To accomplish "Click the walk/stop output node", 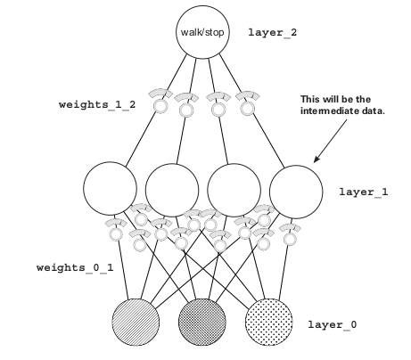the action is (x=202, y=32).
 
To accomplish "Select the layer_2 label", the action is (x=273, y=33).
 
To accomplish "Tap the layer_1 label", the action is (x=364, y=192).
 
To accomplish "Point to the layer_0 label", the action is (x=333, y=324).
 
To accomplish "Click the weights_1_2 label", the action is (x=97, y=104).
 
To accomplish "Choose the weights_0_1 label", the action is (x=75, y=267).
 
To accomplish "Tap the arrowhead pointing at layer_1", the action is (x=316, y=159).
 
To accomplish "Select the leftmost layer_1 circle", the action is (x=110, y=189).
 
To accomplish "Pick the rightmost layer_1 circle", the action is (x=296, y=192).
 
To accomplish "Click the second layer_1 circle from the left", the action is (x=172, y=190).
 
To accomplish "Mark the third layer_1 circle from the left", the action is (x=234, y=190).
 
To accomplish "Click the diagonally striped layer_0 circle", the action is (x=136, y=322).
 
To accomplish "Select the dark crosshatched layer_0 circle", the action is (x=202, y=322).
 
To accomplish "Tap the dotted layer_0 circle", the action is (x=268, y=322).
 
